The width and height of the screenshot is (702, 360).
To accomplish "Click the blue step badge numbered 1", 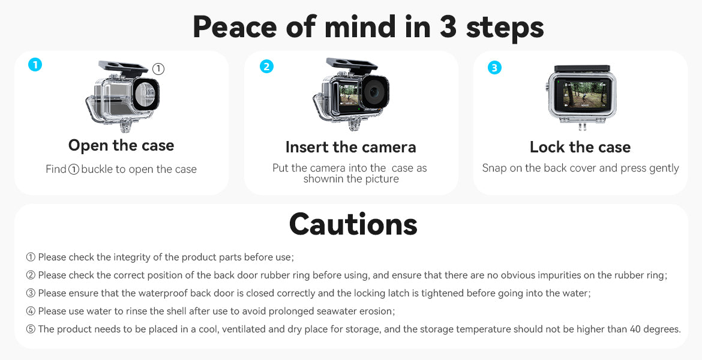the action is pos(35,64).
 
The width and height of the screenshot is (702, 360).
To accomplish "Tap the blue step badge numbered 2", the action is pos(266,67).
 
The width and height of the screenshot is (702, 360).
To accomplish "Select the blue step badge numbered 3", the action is pos(494,68).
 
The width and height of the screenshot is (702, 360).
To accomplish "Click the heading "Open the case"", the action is pos(121,146).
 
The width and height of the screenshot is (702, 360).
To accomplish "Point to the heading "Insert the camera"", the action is pos(350,147).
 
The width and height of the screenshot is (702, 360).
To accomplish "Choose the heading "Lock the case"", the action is pos(580,147).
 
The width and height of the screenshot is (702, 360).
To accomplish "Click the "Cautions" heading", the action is pos(353,224).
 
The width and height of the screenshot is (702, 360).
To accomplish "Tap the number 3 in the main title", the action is pos(448,27).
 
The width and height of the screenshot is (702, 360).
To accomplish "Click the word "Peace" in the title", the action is pos(235,27).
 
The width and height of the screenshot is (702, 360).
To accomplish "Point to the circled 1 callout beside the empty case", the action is pos(158,69).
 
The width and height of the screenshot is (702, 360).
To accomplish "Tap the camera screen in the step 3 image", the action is pos(582,94).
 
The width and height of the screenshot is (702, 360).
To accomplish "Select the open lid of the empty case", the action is pos(123,68).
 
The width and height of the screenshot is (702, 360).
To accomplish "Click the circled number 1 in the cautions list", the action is pos(31,257).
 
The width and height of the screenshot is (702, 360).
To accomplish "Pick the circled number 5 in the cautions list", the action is pos(31,329).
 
